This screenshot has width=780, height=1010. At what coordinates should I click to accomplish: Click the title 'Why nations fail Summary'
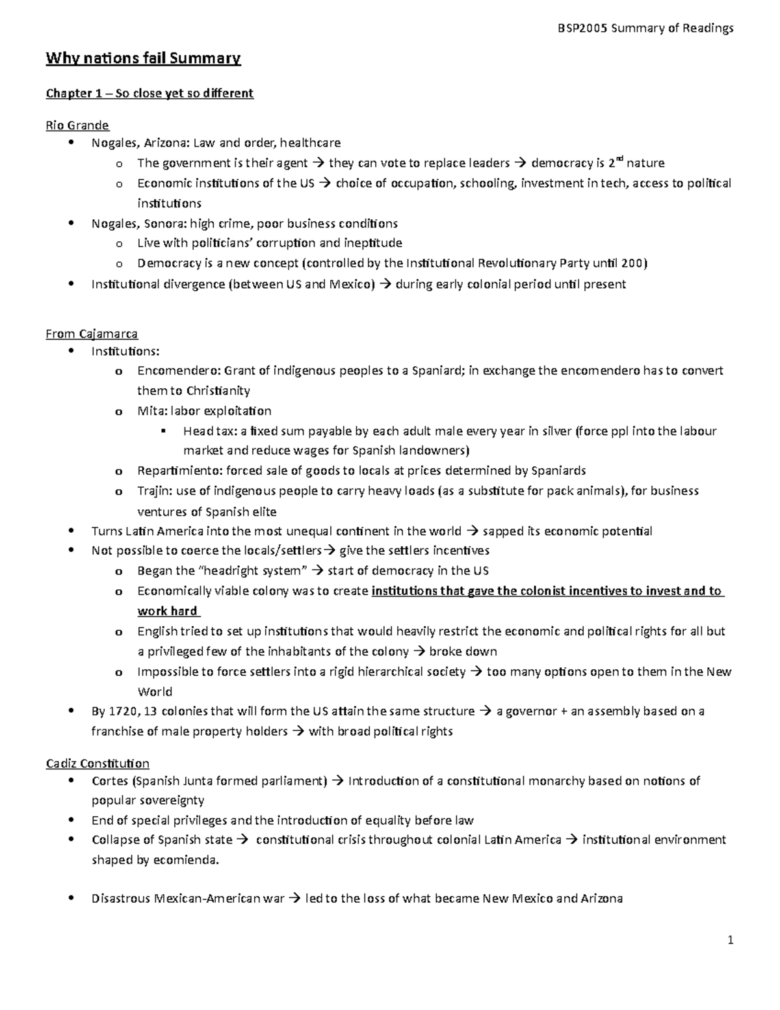143,59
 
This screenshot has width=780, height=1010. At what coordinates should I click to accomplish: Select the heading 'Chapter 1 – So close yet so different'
149,93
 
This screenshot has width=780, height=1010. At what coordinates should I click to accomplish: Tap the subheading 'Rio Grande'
77,125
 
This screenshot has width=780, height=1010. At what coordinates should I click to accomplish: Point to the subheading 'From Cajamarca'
91,334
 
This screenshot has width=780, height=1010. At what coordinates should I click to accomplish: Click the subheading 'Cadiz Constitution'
97,763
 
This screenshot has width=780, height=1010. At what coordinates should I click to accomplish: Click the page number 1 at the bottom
731,940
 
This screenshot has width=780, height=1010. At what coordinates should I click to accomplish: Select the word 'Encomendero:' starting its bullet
178,371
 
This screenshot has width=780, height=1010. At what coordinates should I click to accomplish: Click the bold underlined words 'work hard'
167,611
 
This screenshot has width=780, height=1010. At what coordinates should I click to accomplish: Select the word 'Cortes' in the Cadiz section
110,780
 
